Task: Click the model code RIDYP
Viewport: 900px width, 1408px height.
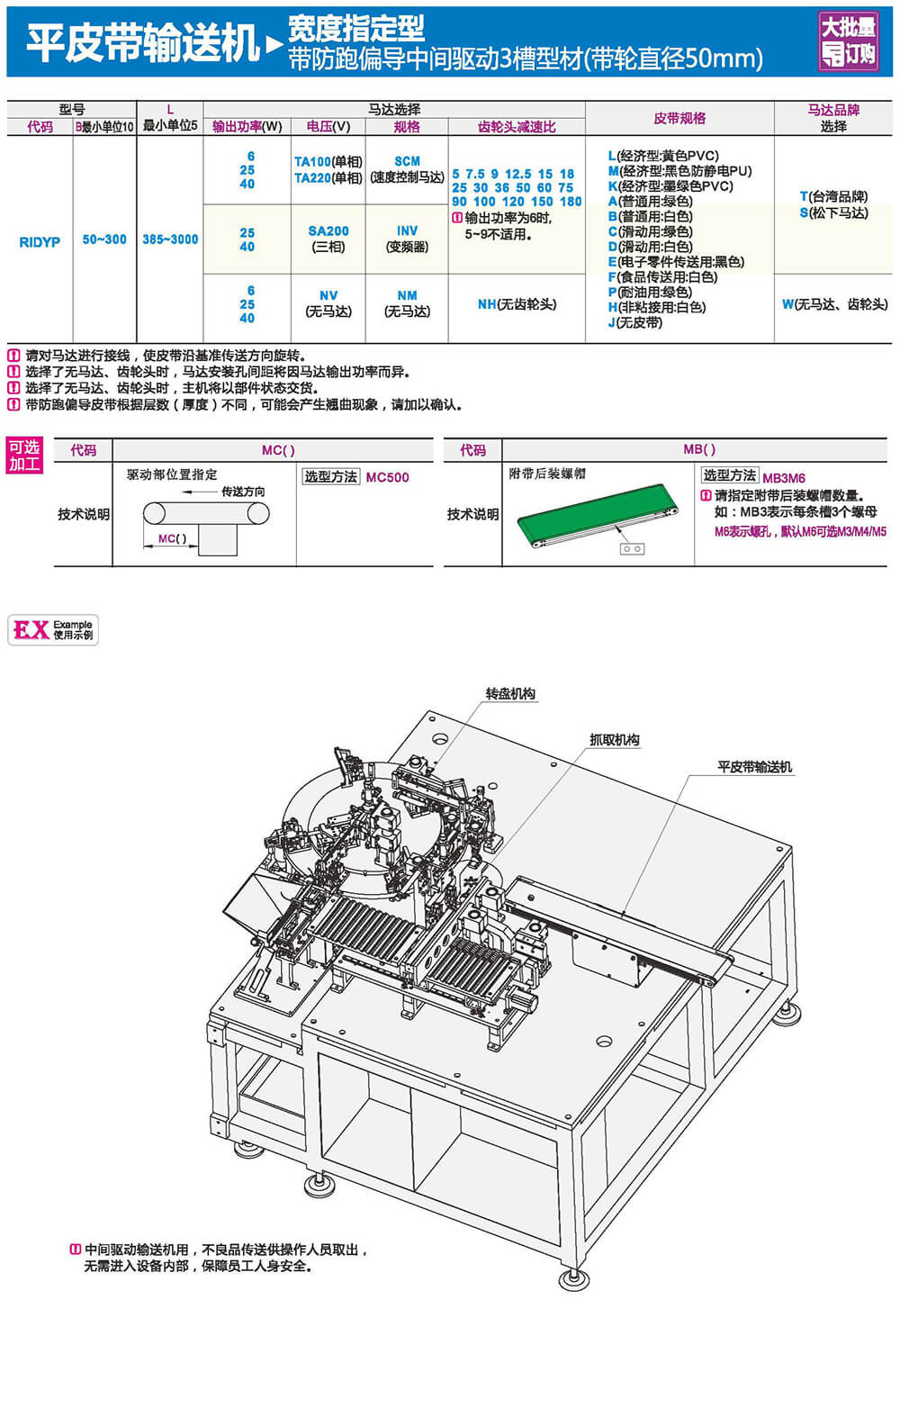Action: (x=40, y=241)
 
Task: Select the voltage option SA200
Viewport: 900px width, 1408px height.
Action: (x=328, y=231)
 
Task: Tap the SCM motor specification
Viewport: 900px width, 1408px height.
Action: (x=407, y=162)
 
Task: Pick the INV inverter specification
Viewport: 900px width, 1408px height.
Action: (x=407, y=231)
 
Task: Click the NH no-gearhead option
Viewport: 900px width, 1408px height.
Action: (x=517, y=304)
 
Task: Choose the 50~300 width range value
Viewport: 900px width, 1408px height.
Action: (x=104, y=239)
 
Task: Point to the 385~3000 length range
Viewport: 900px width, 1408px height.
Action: (x=170, y=239)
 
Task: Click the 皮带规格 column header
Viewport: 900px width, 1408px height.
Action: (x=679, y=118)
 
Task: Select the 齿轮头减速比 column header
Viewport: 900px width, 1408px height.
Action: (x=517, y=127)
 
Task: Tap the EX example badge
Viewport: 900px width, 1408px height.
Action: (x=52, y=629)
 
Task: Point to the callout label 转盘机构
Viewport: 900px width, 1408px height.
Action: (x=510, y=694)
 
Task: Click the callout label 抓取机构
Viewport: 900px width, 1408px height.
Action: (x=614, y=740)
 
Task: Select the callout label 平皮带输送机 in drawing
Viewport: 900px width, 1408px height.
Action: (x=754, y=767)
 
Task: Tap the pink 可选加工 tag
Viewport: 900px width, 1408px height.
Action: (x=24, y=456)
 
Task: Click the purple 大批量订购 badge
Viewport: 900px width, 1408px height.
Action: (x=848, y=41)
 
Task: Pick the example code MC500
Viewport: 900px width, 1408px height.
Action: (x=387, y=477)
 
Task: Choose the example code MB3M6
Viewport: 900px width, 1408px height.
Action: (x=783, y=478)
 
